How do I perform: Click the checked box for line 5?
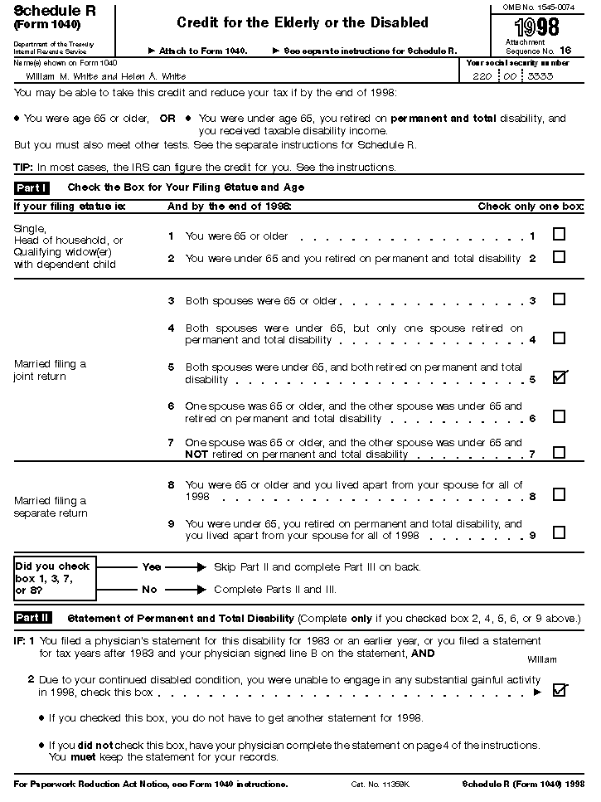coord(560,377)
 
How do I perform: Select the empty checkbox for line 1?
coord(560,235)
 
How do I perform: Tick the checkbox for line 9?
coord(560,532)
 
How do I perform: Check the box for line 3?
coord(560,299)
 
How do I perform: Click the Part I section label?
coord(32,187)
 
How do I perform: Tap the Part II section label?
coord(33,618)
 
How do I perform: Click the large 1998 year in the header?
coord(536,29)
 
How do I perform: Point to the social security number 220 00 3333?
coord(519,75)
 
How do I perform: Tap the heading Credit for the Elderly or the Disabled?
coord(303,22)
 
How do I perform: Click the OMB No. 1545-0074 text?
coord(538,7)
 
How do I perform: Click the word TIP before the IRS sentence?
coord(24,167)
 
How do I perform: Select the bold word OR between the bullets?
coord(167,119)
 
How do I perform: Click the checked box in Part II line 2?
coord(560,690)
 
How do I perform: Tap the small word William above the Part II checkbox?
coord(542,659)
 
